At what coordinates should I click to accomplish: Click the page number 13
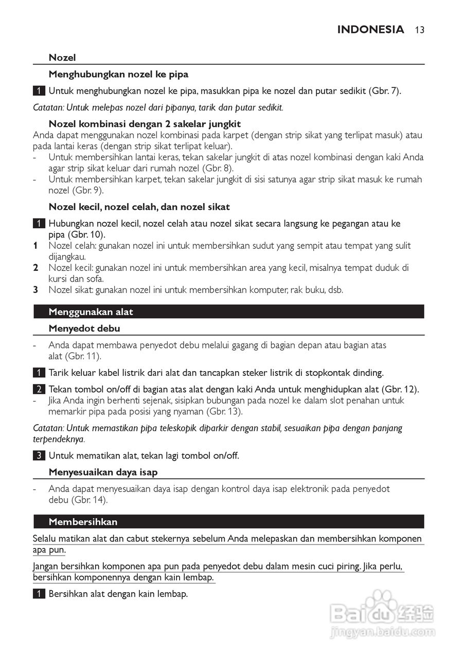(x=419, y=30)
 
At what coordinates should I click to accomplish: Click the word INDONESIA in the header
(x=370, y=30)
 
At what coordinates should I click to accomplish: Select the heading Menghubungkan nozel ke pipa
(x=118, y=75)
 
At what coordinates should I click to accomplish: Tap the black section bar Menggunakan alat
(x=228, y=312)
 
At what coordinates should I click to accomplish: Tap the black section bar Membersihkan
(x=228, y=522)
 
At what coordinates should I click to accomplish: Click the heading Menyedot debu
(x=84, y=328)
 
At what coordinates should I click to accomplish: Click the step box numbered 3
(x=39, y=455)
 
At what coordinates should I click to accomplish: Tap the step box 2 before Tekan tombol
(x=39, y=389)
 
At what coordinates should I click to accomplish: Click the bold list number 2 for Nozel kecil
(x=36, y=268)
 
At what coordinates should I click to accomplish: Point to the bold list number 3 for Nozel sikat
(x=36, y=290)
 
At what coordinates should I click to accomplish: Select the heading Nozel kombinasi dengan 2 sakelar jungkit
(x=145, y=124)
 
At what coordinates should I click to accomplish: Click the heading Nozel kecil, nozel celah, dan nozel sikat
(x=139, y=207)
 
